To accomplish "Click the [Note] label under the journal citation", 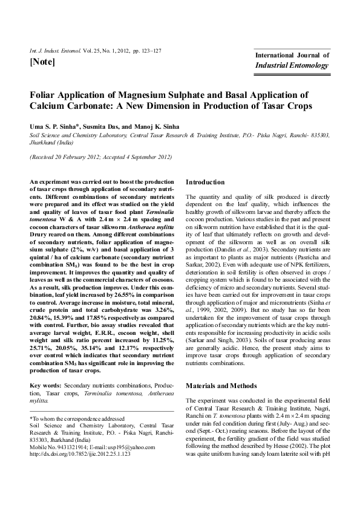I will pos(42,62).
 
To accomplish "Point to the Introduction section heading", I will pos(205,182).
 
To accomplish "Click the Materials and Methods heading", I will pos(221,386).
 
